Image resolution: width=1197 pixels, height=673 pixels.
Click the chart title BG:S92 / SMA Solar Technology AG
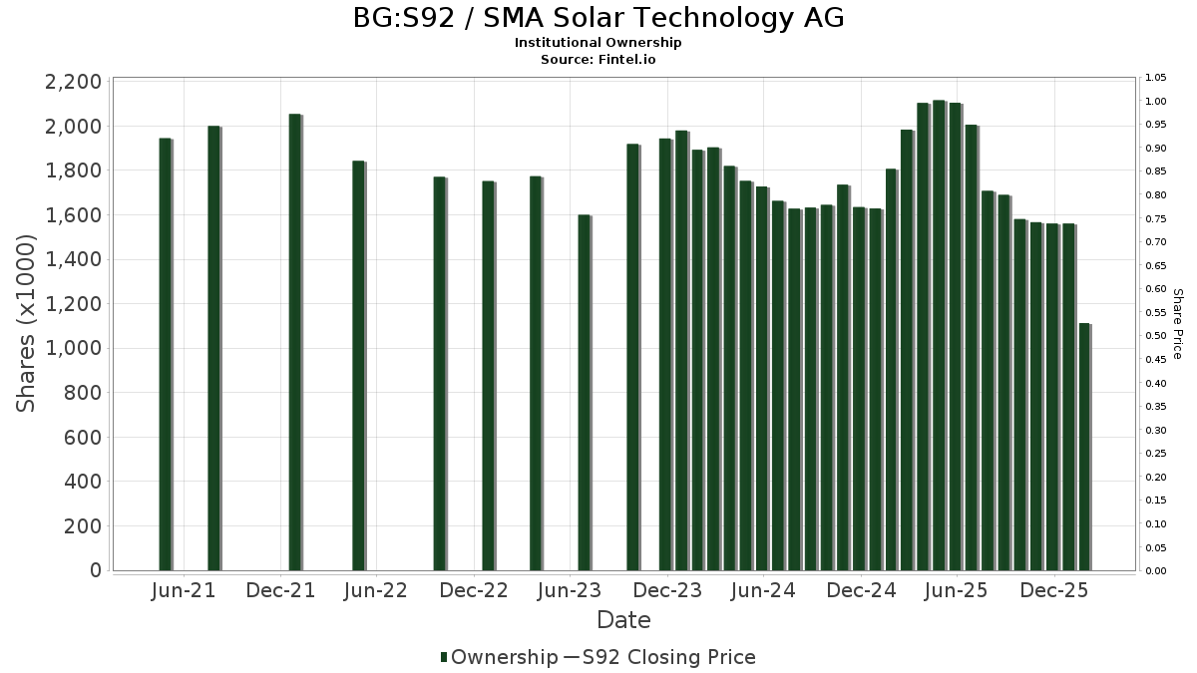pos(598,18)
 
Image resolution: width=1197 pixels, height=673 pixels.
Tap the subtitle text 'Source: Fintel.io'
pos(598,59)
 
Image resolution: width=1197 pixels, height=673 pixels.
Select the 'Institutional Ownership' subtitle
pos(598,43)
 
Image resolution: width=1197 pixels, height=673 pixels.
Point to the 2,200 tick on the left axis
pos(73,82)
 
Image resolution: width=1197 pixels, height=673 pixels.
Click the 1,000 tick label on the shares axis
pos(73,348)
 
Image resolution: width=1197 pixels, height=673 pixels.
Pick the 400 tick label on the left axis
pos(82,482)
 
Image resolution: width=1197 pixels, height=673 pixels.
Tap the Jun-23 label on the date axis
pos(570,590)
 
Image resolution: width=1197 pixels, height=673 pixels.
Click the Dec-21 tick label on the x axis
pos(280,590)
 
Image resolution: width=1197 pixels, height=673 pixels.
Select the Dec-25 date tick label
pos(1053,590)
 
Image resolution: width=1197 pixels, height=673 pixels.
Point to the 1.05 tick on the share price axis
pos(1155,78)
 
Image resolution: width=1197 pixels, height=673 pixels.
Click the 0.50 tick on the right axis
pos(1155,336)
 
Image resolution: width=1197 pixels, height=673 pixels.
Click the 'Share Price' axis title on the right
pos(1177,324)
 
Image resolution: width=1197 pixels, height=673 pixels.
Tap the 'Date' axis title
pos(623,620)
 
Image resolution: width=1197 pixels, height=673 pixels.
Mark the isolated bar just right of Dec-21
pos(294,342)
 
